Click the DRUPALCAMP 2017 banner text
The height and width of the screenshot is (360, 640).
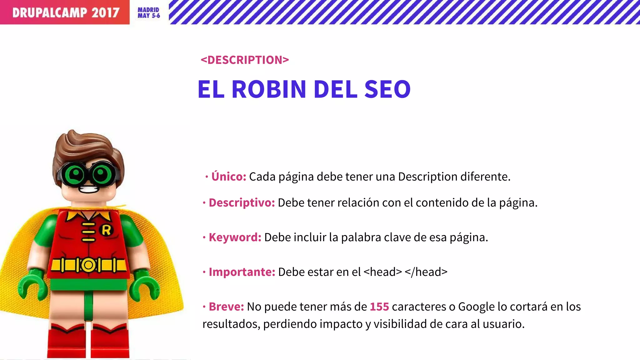[66, 12]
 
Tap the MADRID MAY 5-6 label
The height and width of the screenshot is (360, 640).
[149, 13]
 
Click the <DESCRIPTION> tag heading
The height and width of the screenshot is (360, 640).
[245, 60]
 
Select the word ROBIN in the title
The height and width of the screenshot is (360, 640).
[269, 89]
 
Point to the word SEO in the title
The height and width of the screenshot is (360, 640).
[387, 89]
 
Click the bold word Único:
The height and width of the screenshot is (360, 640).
[229, 177]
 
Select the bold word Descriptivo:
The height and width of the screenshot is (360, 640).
[242, 203]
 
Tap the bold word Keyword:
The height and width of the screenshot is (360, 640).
[235, 237]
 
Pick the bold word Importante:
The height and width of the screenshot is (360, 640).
[242, 272]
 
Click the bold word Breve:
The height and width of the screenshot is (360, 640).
[226, 307]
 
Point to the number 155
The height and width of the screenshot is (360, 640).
[379, 307]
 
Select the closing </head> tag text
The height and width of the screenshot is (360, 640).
[426, 272]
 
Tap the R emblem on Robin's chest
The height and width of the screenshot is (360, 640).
[106, 230]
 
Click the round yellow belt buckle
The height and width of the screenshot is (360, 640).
[88, 265]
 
